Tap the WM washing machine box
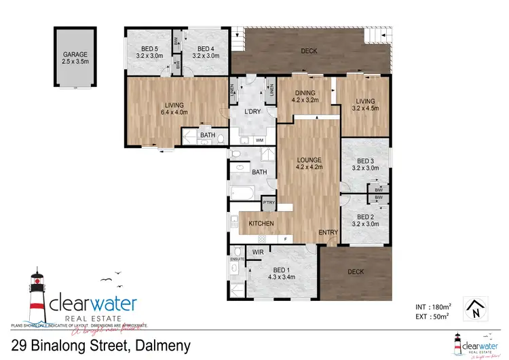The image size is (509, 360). click(259, 140)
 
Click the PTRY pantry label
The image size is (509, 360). click(269, 202)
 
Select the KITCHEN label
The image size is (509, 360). click(261, 223)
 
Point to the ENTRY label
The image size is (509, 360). click(328, 233)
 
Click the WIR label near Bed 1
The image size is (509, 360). click(258, 252)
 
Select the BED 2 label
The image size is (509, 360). click(366, 219)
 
